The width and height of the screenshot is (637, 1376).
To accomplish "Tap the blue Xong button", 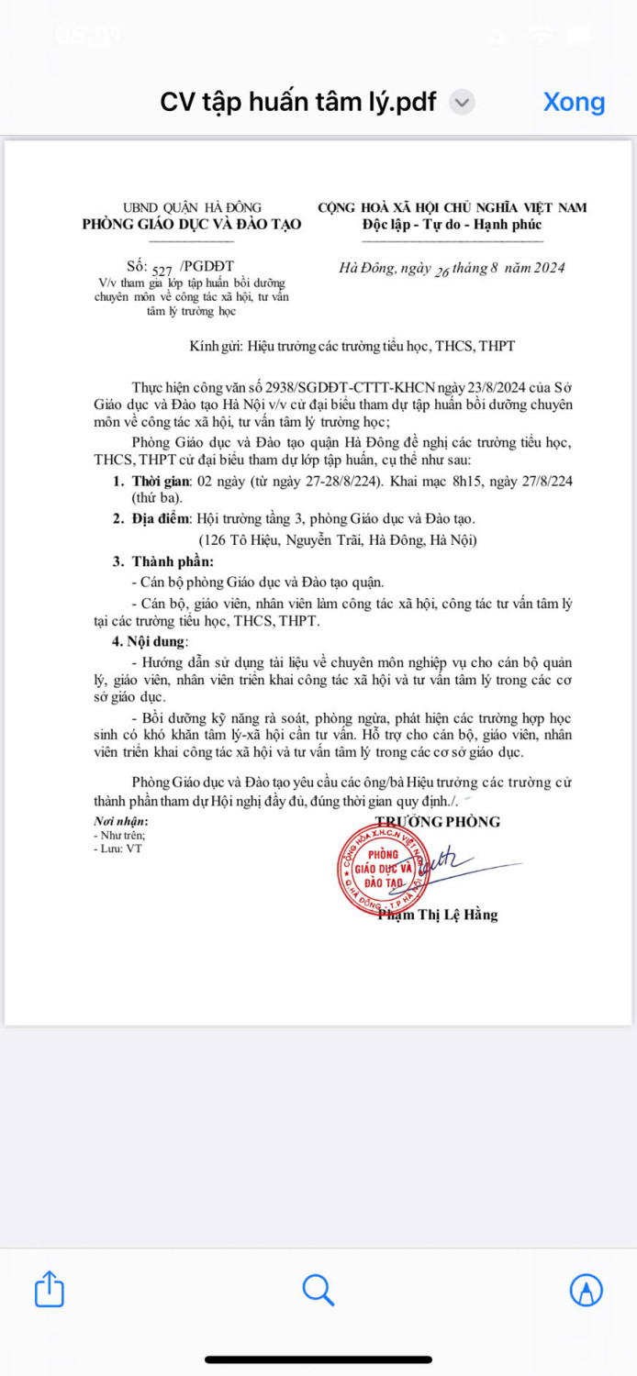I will (x=574, y=101).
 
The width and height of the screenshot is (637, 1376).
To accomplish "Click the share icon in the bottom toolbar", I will (x=50, y=1289).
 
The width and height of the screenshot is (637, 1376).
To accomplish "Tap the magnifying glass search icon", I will (x=318, y=1290).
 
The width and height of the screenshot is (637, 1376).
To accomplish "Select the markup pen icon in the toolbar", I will (x=586, y=1290).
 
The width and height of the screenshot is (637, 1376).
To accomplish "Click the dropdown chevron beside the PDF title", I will (x=464, y=102).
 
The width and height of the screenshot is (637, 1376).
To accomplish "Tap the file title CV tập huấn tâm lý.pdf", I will (x=298, y=101).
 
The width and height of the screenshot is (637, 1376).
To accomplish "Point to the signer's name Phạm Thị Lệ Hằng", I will (x=438, y=915).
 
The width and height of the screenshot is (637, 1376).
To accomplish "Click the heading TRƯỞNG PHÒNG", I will (x=437, y=821).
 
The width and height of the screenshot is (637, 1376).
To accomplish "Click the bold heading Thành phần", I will (x=173, y=560).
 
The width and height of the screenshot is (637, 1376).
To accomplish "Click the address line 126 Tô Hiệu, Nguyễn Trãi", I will (x=338, y=540).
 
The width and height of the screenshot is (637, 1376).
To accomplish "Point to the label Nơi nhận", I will (x=120, y=822).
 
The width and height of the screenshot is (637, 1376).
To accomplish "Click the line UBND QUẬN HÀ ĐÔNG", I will (x=192, y=208).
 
